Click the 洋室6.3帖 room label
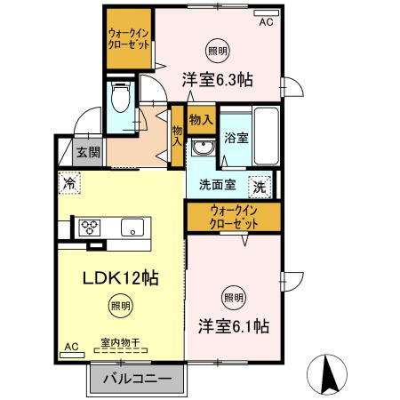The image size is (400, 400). click(219, 79)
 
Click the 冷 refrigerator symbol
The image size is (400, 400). click(69, 183)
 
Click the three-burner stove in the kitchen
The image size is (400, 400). click(90, 226)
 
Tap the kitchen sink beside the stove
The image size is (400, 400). click(134, 226)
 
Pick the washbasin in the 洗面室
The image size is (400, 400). click(204, 147)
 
